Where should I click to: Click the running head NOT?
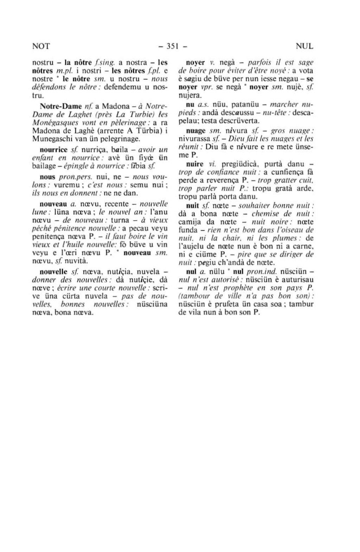point(41,46)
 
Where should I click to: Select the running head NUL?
point(304,46)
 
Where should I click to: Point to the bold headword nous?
point(47,177)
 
